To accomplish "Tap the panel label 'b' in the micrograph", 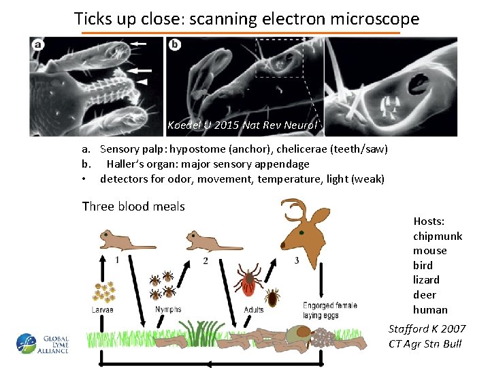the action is click(x=176, y=45).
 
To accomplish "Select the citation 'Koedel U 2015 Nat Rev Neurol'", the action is click(x=242, y=125).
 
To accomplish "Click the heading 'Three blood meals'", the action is click(x=133, y=206).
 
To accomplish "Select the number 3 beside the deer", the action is click(x=296, y=260).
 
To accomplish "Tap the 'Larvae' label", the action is click(x=103, y=309).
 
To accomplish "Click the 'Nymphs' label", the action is click(x=168, y=309).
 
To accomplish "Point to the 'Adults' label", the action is click(x=254, y=310).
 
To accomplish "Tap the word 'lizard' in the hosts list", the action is click(x=426, y=279).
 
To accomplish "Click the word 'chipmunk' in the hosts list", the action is click(x=437, y=236).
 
